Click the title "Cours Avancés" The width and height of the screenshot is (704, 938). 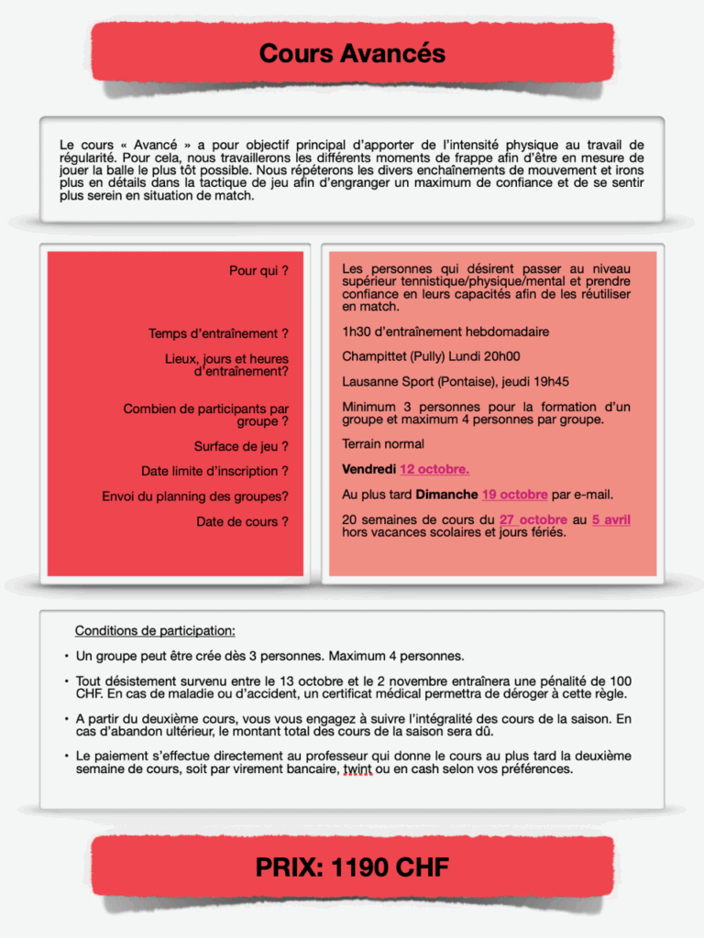point(352,53)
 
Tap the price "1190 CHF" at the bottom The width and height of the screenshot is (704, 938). point(387,867)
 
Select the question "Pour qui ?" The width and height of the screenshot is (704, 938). point(258,271)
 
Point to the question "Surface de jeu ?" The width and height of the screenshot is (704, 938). point(241,447)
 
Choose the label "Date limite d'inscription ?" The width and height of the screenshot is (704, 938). point(214,472)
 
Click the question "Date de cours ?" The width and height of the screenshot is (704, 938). point(242,522)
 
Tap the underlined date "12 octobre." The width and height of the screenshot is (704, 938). point(434,469)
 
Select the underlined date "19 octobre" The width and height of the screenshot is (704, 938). point(514,495)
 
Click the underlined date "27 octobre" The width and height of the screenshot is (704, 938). point(533,520)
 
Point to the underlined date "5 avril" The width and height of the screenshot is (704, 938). point(610,520)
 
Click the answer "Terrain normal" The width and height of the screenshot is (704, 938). point(383,444)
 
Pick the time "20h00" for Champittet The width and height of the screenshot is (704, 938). point(502,356)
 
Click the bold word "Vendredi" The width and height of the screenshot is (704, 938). point(368,469)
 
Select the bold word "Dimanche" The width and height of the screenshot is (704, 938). point(446,495)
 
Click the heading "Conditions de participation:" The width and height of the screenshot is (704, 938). point(155,631)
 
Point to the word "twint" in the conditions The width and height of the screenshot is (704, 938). point(357,769)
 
